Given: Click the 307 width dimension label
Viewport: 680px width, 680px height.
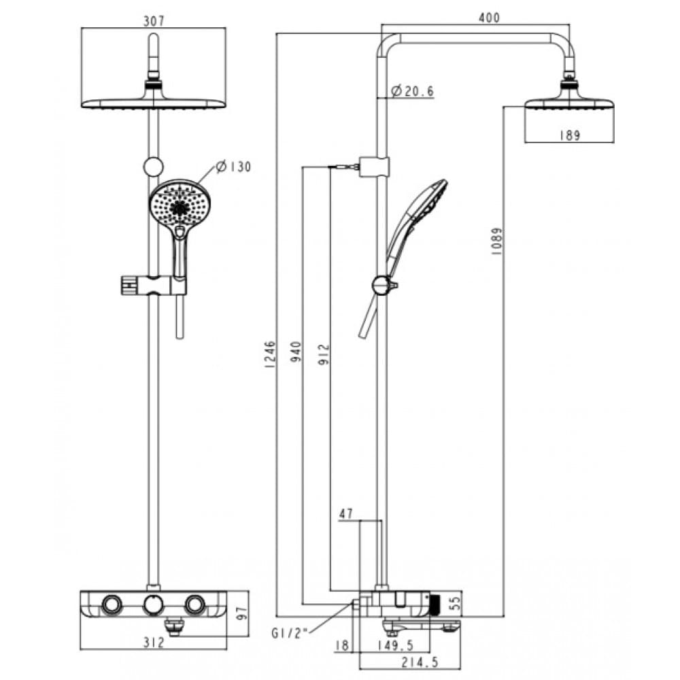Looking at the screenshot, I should click(154, 21).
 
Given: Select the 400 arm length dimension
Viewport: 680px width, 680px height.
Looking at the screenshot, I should click(488, 18).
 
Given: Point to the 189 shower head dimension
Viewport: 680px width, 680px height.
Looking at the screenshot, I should click(569, 135).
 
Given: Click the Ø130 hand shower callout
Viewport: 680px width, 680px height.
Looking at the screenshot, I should click(233, 167).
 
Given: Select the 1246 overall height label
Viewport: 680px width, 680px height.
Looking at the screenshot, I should click(270, 354).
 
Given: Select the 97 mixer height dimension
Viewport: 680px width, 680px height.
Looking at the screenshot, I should click(238, 615).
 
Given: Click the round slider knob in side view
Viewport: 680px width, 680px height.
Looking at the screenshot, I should click(381, 286).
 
